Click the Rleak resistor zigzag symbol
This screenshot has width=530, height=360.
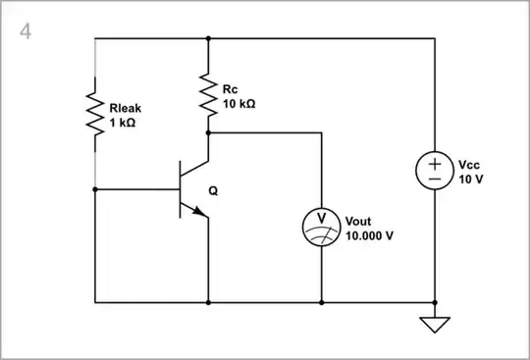point(94,114)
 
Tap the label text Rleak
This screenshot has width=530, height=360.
point(128,111)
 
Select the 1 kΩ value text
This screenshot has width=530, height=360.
point(123,125)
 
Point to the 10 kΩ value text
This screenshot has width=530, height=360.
point(239,103)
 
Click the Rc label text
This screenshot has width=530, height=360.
point(231,89)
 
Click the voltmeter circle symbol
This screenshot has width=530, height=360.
point(321,226)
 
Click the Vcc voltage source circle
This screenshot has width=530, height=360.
point(434,171)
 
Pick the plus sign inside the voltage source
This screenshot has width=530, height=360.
point(434,163)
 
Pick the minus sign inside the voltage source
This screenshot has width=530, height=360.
point(434,180)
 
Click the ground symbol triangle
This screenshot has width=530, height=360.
point(434,324)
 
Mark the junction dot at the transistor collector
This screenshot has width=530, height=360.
point(208,132)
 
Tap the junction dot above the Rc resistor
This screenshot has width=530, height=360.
point(208,39)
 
